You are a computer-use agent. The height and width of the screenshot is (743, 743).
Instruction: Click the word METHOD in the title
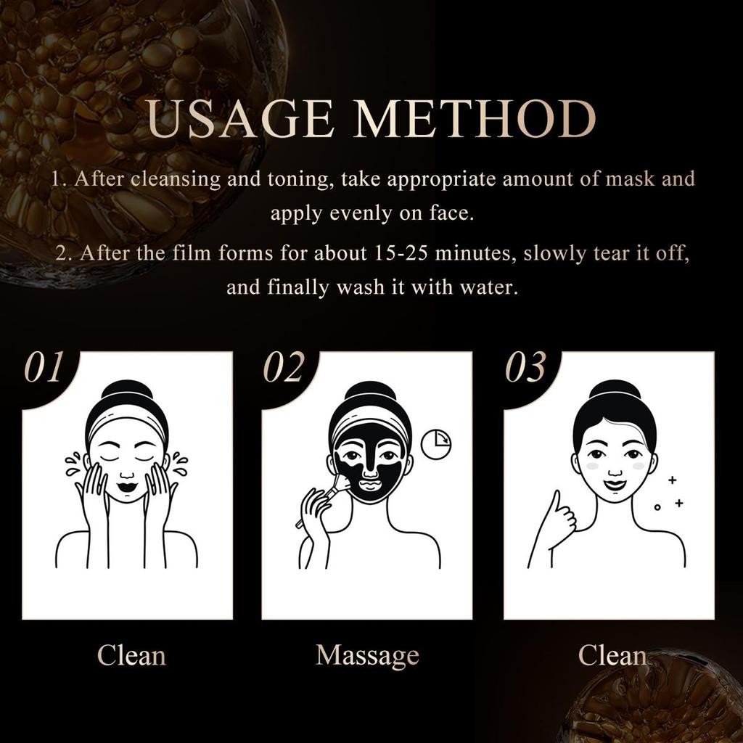tap(475, 118)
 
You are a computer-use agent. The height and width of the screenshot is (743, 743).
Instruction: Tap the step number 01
tap(43, 367)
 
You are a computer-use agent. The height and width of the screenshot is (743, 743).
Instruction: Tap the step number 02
tap(283, 367)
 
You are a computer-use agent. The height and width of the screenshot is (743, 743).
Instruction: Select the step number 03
tap(525, 367)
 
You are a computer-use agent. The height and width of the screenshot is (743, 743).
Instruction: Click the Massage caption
tap(367, 656)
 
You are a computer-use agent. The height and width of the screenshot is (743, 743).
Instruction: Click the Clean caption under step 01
tap(131, 655)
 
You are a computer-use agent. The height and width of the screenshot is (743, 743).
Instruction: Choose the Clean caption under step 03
tap(612, 655)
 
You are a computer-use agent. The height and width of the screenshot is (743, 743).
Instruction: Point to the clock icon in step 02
tap(436, 444)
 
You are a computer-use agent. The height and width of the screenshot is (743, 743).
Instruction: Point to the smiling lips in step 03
tap(615, 485)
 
